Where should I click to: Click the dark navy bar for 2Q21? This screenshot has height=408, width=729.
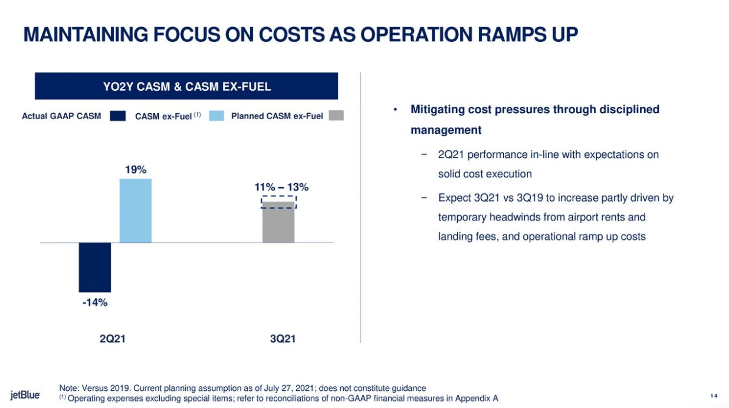[94, 267]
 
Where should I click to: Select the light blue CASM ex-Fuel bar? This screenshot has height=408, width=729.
[135, 210]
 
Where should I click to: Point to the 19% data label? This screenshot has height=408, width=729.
[135, 170]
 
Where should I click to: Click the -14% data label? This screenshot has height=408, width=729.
[94, 302]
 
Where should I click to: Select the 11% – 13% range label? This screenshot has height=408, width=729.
[281, 187]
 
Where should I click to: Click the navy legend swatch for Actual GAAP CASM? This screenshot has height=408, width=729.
[118, 116]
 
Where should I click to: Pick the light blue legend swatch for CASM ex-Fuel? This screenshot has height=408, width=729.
[216, 116]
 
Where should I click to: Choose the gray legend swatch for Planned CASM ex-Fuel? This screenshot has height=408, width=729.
[336, 116]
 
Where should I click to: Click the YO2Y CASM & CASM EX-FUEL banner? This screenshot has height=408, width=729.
[186, 87]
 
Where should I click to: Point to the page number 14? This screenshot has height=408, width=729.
[714, 395]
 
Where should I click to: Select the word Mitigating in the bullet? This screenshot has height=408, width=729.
[436, 110]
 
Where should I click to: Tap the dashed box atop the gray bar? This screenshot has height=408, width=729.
[278, 202]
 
